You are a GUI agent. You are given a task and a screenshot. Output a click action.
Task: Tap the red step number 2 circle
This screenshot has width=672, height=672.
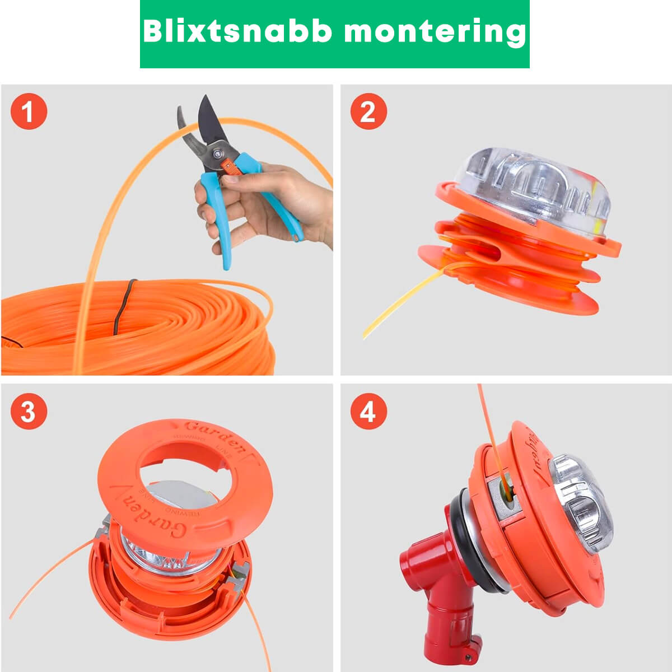(368, 111)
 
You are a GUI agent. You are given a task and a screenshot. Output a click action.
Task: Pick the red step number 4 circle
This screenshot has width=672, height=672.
(368, 412)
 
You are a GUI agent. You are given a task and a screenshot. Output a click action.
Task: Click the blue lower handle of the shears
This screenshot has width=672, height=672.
(221, 224)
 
